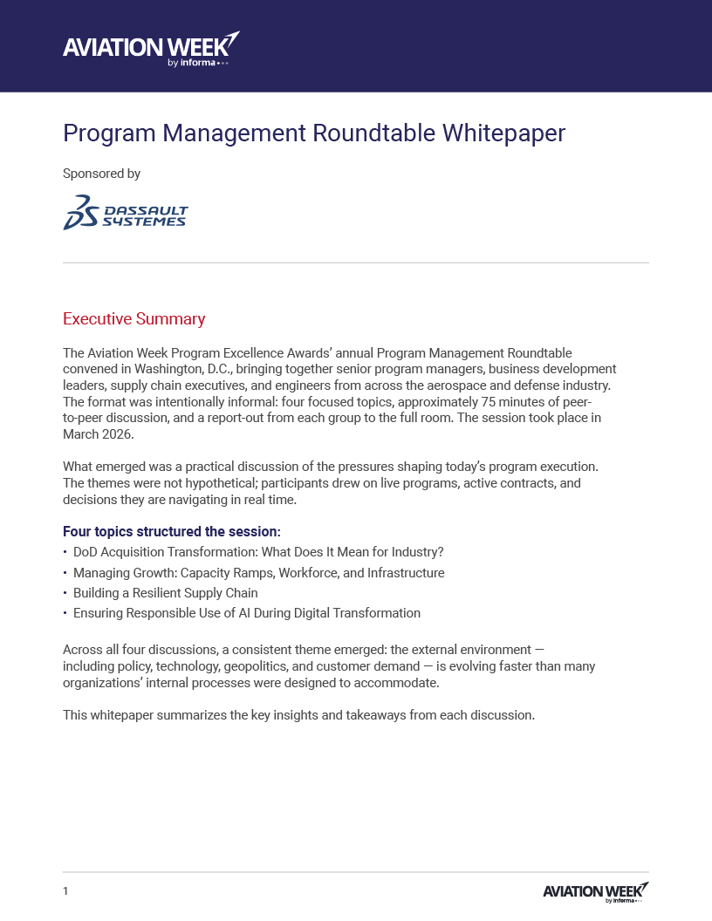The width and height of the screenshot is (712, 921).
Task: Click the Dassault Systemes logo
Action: (126, 213)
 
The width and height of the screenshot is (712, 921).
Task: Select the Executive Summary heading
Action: (133, 318)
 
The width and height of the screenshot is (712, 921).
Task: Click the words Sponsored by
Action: (101, 174)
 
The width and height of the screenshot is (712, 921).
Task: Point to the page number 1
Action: (65, 891)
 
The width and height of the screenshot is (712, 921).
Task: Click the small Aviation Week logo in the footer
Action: (595, 891)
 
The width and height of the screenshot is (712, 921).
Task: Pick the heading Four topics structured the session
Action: (171, 532)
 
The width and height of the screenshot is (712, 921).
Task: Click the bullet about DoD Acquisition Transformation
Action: (258, 553)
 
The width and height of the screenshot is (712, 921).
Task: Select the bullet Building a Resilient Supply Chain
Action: (165, 593)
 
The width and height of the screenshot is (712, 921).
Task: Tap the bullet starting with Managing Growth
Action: (258, 573)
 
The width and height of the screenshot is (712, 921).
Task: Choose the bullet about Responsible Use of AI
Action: (246, 613)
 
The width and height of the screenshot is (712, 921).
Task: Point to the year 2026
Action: (120, 434)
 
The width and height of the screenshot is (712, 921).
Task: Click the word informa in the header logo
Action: (198, 63)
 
